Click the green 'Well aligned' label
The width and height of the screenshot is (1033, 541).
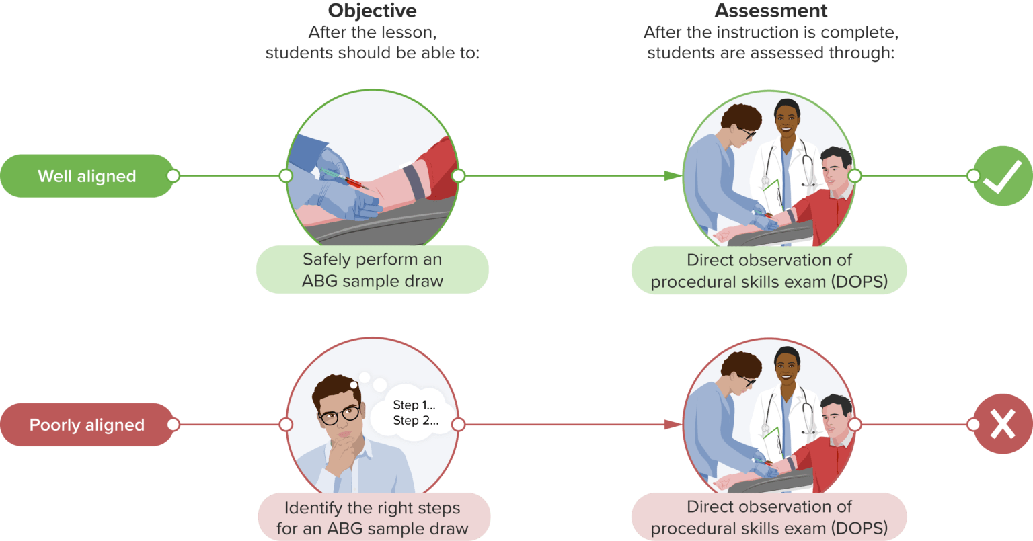pos(87,176)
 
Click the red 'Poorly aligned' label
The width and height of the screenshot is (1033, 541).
pos(87,425)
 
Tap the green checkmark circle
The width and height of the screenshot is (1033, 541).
pos(1002,176)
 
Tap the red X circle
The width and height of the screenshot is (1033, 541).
pos(1002,425)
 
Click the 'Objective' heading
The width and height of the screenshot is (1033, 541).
pos(372,11)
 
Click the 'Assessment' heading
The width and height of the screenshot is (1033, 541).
pos(771,11)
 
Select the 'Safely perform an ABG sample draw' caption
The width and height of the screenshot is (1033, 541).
pos(372,269)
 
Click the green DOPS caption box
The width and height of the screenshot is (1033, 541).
pos(769,270)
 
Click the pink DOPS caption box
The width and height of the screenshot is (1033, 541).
pos(769,517)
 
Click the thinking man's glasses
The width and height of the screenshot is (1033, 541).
pos(340,414)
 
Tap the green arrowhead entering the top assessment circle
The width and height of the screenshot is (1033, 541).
pos(673,176)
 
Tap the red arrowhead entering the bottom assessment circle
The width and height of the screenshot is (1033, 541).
pos(673,425)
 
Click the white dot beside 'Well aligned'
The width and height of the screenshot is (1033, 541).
pos(173,176)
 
